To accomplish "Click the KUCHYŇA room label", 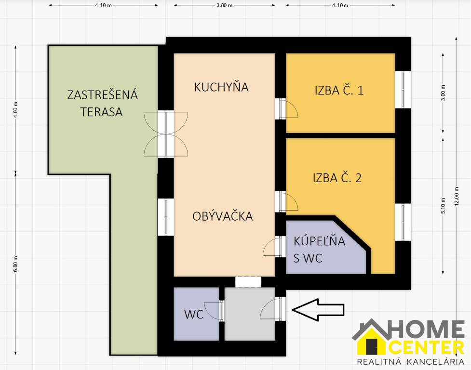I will click(x=221, y=87).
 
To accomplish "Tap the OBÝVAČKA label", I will click(x=222, y=216).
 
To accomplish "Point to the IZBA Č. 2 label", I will click(x=337, y=178).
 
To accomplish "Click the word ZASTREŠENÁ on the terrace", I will click(x=102, y=95).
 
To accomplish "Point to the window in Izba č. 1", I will click(x=403, y=90).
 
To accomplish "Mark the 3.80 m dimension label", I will click(x=225, y=6).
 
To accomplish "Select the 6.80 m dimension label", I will click(x=16, y=264).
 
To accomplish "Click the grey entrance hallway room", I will click(x=249, y=313).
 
